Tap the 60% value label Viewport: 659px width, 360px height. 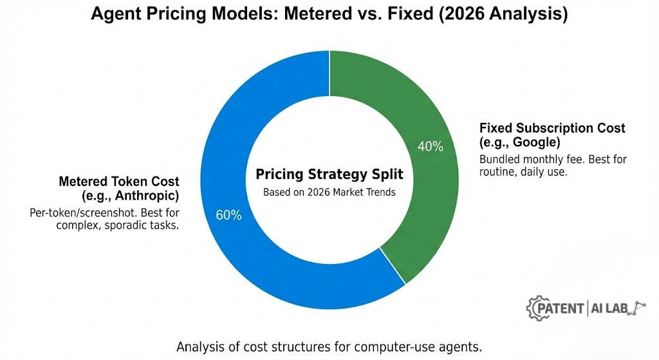(228, 215)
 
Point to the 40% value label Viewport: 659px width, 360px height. (431, 146)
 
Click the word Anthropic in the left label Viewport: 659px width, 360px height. (147, 196)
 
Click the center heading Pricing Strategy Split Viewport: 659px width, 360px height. (329, 174)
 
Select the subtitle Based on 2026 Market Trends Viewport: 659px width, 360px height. (329, 192)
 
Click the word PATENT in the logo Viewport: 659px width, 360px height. (561, 308)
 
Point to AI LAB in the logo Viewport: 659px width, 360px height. (609, 308)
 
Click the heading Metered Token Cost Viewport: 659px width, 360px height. (119, 181)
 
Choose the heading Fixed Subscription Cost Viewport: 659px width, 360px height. (552, 128)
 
